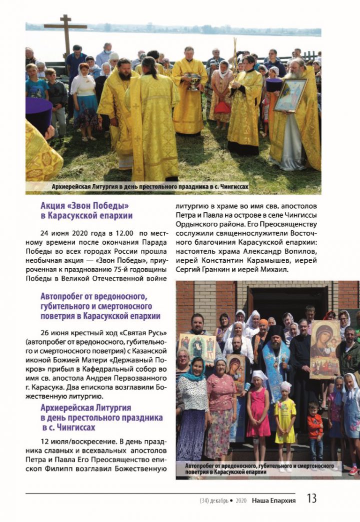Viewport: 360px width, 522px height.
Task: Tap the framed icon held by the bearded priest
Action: pyautogui.click(x=290, y=95)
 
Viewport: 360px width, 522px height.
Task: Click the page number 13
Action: pyautogui.click(x=311, y=498)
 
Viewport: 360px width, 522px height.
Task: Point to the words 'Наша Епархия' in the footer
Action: pyautogui.click(x=273, y=500)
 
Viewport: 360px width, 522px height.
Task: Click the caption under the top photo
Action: pyautogui.click(x=150, y=187)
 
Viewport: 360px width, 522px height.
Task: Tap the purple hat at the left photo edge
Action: pyautogui.click(x=38, y=114)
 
